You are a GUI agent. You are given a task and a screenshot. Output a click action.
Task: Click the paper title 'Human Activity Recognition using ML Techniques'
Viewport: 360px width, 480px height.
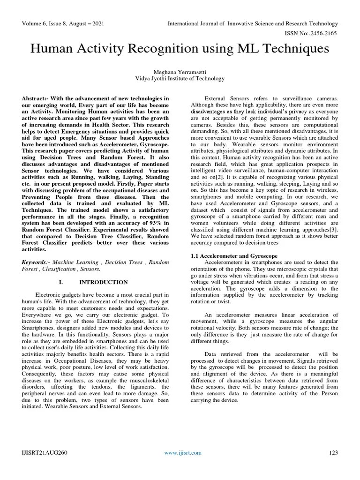(180, 49)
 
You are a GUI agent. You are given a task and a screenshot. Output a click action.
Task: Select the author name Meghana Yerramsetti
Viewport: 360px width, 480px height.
(180, 72)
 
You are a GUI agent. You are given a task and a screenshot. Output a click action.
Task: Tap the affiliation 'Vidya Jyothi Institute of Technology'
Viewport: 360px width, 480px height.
(180, 79)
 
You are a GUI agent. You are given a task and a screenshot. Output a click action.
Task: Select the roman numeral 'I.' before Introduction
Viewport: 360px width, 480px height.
(60, 282)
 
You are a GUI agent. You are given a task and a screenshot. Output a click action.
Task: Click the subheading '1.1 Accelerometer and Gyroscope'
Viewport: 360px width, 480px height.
(234, 256)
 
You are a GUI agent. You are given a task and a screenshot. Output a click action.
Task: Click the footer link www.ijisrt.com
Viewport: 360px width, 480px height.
(183, 452)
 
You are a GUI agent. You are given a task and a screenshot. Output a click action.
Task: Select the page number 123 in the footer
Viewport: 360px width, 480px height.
(333, 452)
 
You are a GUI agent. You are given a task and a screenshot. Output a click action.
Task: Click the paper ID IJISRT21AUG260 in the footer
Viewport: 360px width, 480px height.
(45, 452)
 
